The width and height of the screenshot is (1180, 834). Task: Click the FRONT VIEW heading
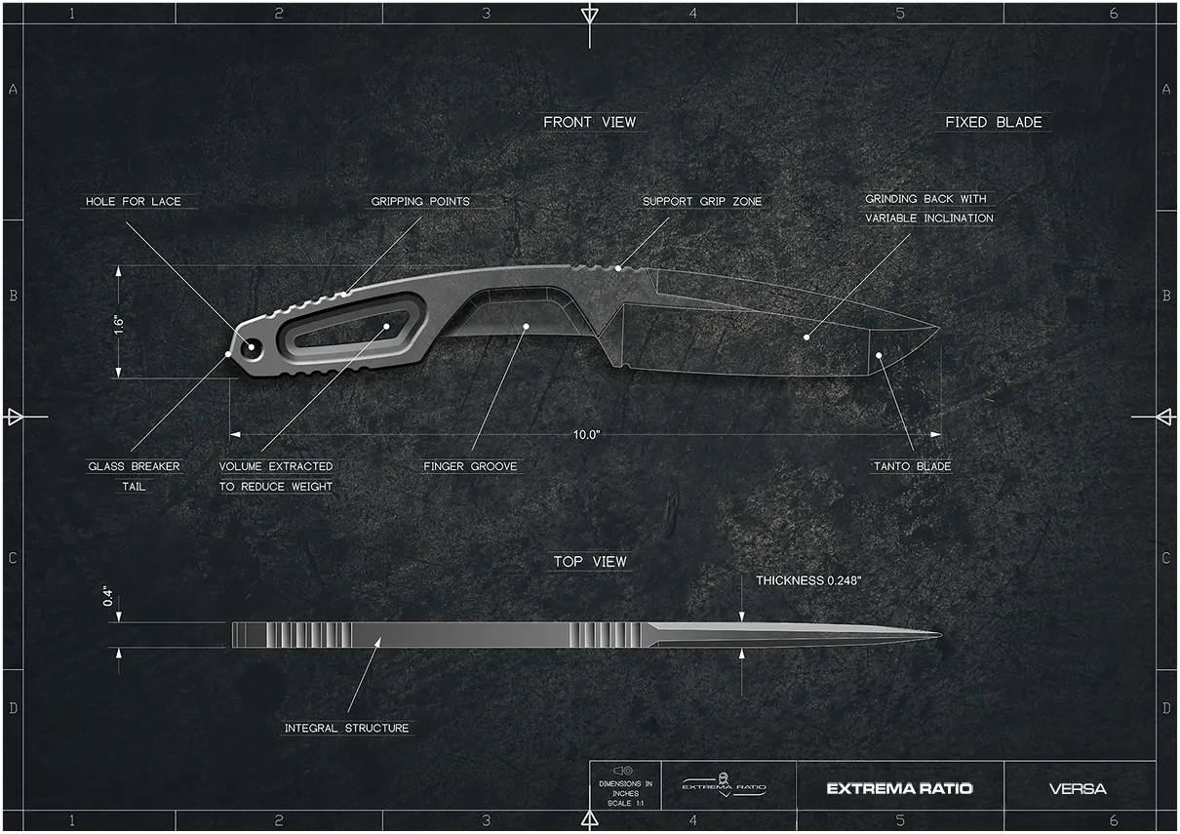click(x=589, y=122)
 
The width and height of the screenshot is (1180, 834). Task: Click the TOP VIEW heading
click(x=590, y=562)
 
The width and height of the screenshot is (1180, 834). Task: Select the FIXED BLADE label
click(x=993, y=122)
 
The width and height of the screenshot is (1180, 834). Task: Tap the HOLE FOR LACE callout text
click(x=134, y=201)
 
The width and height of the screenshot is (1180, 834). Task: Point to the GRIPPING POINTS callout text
click(x=420, y=201)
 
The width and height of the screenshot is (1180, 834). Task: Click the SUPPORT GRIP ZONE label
click(x=702, y=201)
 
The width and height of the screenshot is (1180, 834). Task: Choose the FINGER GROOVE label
click(x=470, y=466)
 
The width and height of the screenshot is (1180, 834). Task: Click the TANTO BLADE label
click(x=912, y=466)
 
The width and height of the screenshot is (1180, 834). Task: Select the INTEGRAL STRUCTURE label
click(x=347, y=728)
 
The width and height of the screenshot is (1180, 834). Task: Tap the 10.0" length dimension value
click(x=586, y=435)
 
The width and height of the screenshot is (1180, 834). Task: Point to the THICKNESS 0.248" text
click(x=808, y=580)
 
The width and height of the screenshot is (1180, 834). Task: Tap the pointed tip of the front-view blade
click(x=939, y=327)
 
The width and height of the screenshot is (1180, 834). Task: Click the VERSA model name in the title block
click(x=1078, y=788)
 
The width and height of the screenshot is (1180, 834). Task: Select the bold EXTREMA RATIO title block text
click(x=899, y=788)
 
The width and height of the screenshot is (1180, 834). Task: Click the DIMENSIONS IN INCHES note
click(x=625, y=788)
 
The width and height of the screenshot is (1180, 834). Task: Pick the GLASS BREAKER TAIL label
click(x=134, y=476)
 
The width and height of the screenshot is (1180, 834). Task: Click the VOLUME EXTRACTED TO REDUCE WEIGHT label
click(x=276, y=476)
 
